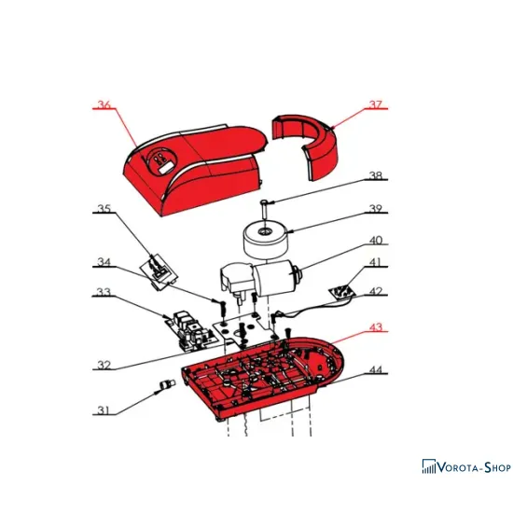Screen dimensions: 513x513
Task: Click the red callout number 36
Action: coord(104,104)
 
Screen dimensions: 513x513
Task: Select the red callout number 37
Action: coord(376,104)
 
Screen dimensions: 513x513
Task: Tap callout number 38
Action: coord(376,175)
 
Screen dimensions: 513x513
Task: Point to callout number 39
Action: coord(376,208)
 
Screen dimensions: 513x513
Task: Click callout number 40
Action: coord(376,241)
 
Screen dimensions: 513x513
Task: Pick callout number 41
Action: coord(376,262)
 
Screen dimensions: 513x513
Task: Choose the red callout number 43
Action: coord(376,326)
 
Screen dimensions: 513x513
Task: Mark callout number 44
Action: coord(376,369)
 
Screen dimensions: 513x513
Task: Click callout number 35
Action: coord(104,208)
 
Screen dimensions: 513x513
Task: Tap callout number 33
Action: coord(104,292)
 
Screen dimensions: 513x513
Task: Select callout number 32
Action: coord(104,365)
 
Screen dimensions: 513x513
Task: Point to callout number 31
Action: coord(104,410)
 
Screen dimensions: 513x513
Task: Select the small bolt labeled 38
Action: coord(264,208)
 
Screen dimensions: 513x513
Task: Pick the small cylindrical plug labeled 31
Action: coord(167,384)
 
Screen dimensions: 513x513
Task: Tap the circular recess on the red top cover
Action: coord(161,162)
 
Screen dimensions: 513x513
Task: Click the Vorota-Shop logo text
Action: coord(474,467)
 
